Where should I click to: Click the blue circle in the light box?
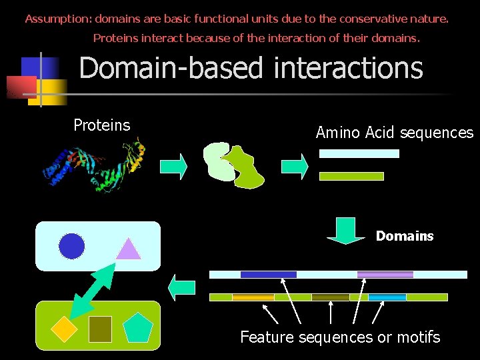coord(72,246)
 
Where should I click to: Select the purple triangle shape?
coord(128,249)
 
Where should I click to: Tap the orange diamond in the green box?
coord(65,327)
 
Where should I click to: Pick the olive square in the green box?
coord(100,329)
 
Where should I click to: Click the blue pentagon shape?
coord(139,327)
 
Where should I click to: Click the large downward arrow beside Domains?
coord(345,231)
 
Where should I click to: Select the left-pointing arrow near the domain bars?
coord(181,288)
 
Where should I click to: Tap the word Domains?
coord(404,236)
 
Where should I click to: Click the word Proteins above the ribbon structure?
coord(101,125)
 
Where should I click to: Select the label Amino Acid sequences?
coord(394,133)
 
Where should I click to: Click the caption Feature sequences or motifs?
coord(340,337)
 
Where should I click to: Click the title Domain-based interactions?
coord(251,68)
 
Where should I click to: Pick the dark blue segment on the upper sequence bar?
coord(268,274)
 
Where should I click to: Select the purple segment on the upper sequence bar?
coord(385,274)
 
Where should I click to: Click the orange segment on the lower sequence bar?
coord(253,297)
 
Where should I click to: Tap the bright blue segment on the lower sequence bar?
coord(387,297)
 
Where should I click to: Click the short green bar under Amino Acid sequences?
coord(351,177)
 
